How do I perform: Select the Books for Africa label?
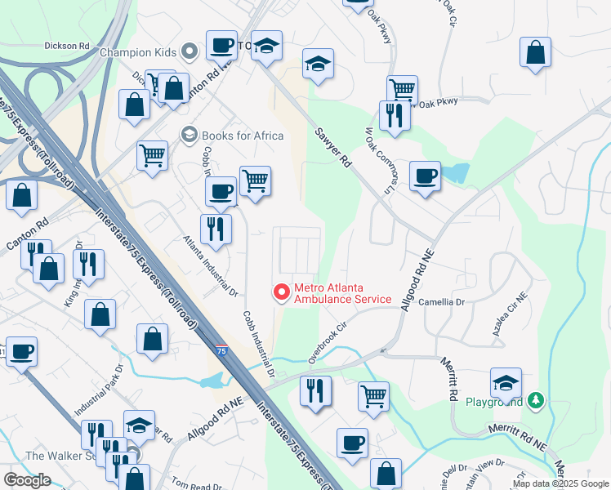pos(243,136)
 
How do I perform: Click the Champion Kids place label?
pos(138,52)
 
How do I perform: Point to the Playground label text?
pos(494,402)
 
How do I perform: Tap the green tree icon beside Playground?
pos(535,400)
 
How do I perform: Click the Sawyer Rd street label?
pos(333,148)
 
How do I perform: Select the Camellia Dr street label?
pos(441,301)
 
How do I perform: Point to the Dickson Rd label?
pos(67,46)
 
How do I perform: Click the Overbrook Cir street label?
pos(323,348)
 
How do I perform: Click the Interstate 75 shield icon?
pos(222,350)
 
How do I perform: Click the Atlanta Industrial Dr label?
pos(209,266)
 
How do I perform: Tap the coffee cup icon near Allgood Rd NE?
pos(425,176)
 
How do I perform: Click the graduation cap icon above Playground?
pos(506,382)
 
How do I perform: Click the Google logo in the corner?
pos(27,479)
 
